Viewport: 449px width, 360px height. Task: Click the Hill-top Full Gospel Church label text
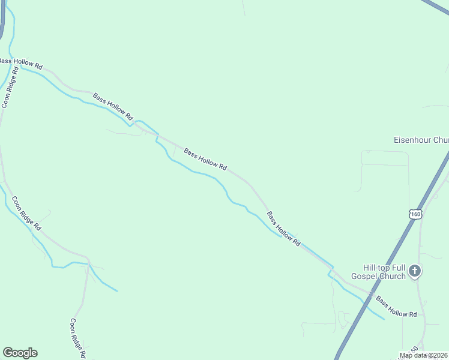tap(384, 272)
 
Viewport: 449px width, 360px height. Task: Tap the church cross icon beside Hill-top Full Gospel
tap(415, 272)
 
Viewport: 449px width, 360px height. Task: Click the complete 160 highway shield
tap(416, 214)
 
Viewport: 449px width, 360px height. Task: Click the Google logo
tap(20, 353)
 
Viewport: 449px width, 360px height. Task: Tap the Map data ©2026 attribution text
tap(424, 355)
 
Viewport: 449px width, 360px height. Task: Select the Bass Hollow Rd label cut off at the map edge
tap(20, 63)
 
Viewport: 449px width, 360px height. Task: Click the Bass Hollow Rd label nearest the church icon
tap(396, 306)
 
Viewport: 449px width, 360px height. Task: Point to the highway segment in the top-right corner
tap(435, 6)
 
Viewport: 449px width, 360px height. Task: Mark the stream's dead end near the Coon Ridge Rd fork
tap(117, 291)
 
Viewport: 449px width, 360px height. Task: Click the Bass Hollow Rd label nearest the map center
tap(205, 160)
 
